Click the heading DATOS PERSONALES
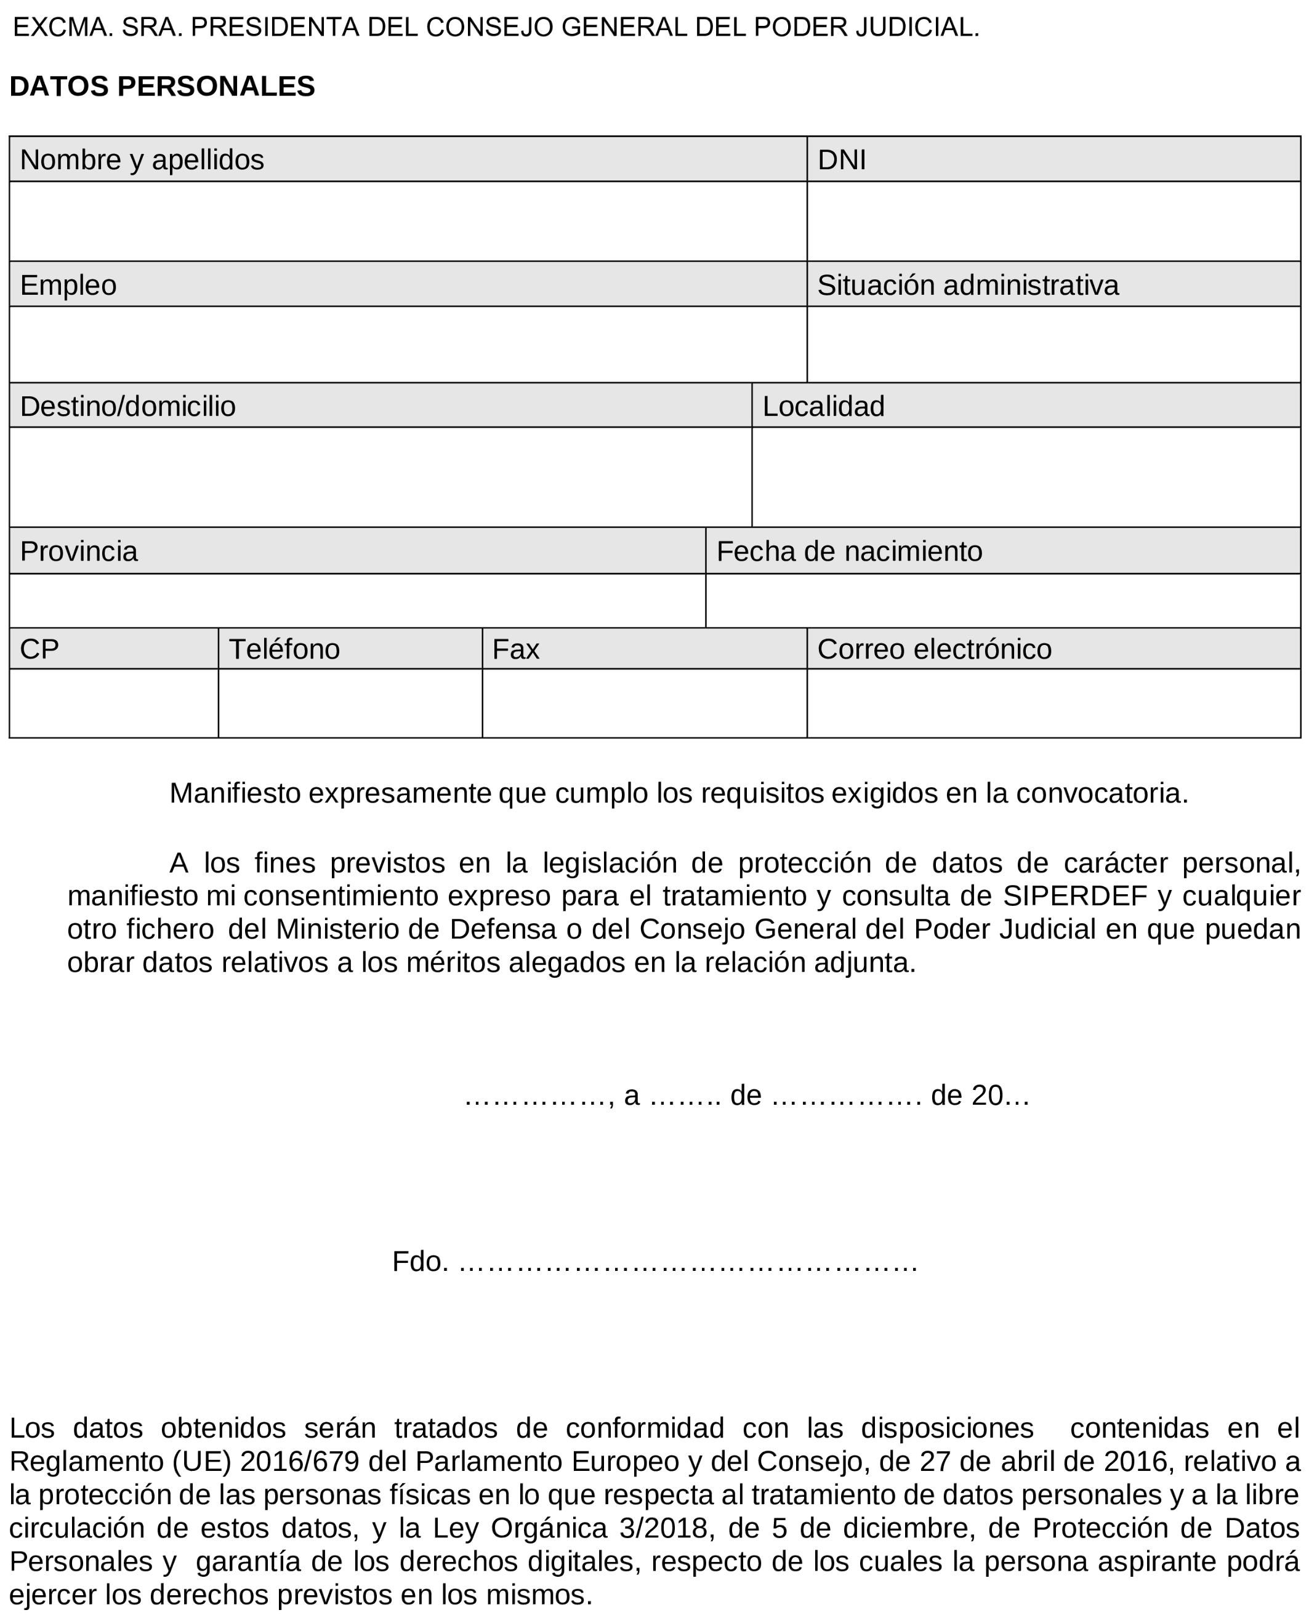[162, 87]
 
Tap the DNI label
[842, 160]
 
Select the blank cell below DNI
[1053, 221]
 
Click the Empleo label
[68, 285]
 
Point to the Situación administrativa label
[967, 285]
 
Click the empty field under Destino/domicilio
[380, 476]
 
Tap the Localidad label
[823, 406]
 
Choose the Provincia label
[78, 551]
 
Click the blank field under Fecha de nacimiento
[1002, 600]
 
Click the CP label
[39, 649]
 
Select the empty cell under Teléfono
[350, 702]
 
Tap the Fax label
[516, 649]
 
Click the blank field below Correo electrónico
[1053, 702]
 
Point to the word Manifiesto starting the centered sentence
[235, 793]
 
